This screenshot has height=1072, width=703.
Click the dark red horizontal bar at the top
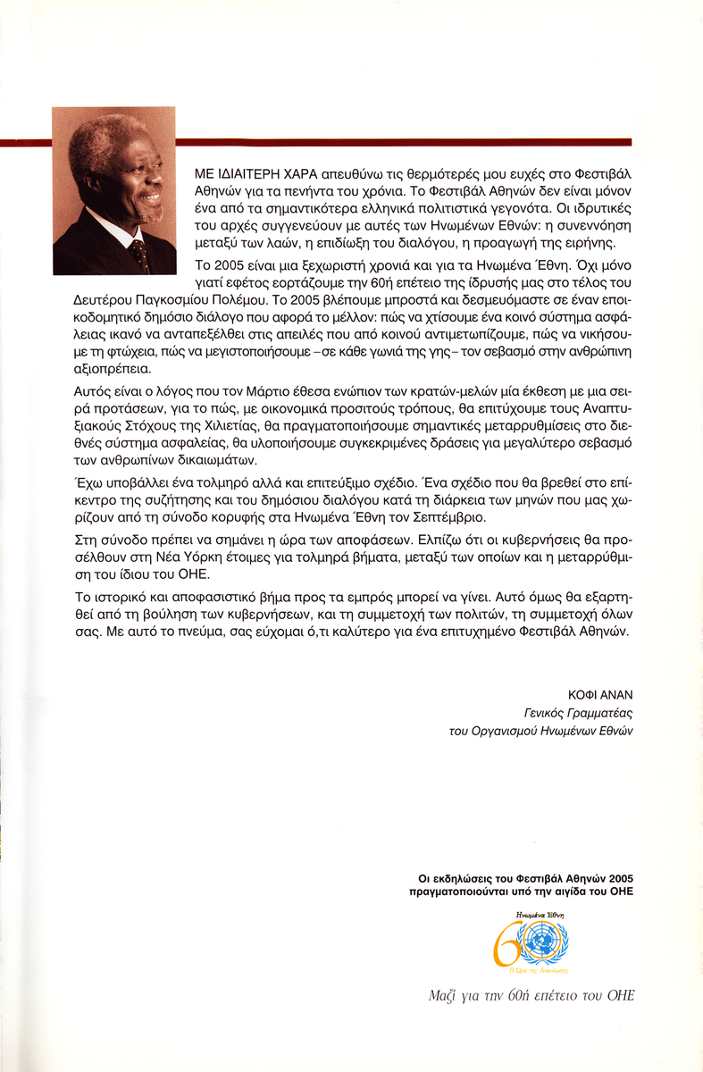(x=402, y=142)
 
